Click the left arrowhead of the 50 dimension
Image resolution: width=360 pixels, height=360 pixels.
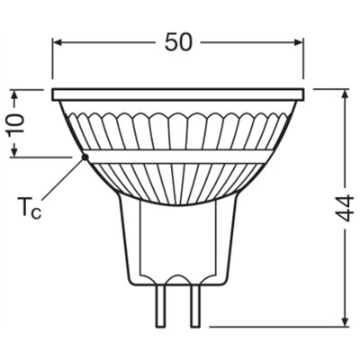(58, 41)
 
